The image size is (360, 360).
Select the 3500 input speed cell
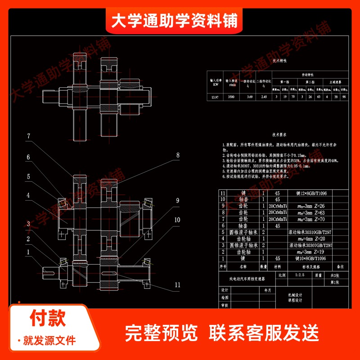coord(231,96)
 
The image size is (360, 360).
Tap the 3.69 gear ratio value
coord(249,96)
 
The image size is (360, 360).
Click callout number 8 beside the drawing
coord(178,155)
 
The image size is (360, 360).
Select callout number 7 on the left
coord(28,136)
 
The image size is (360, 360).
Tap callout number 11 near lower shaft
coord(177,284)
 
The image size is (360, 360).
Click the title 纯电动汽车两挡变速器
coord(247,279)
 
